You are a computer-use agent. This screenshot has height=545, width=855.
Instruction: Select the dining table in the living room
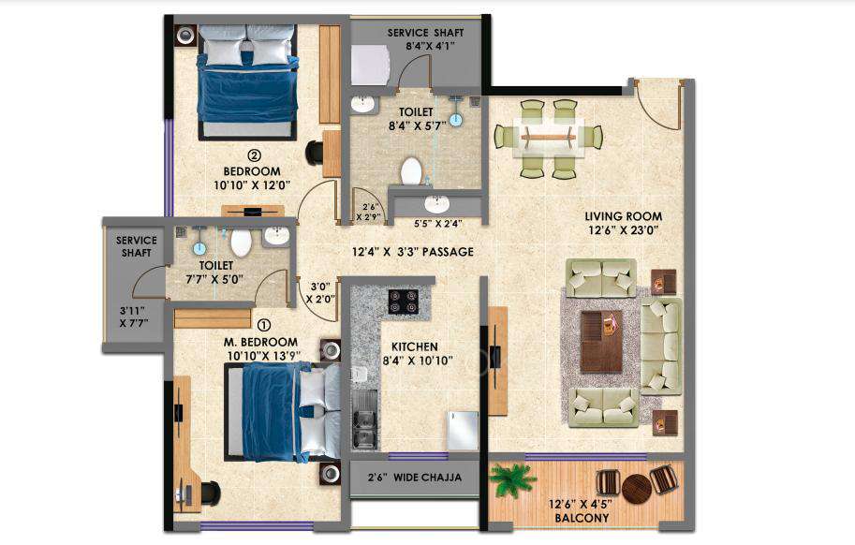tap(549, 137)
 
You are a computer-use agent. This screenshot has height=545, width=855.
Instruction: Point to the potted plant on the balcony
tap(513, 480)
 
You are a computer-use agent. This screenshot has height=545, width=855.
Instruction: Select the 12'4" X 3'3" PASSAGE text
tap(412, 252)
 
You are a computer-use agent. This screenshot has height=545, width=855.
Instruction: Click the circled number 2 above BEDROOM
tap(253, 156)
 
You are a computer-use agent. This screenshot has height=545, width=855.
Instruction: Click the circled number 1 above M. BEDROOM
tap(248, 327)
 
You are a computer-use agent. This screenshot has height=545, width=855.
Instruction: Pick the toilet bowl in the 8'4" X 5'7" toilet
tap(411, 171)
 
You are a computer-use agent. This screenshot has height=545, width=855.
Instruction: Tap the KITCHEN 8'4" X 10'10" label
tap(415, 353)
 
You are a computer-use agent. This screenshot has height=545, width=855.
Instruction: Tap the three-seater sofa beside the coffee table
tap(661, 346)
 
